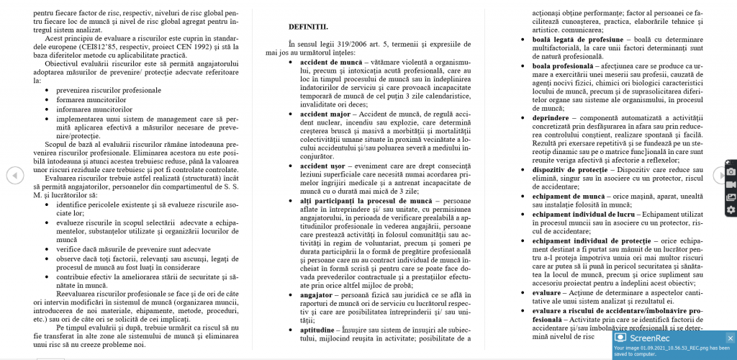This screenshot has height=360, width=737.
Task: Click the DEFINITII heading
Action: tap(308, 27)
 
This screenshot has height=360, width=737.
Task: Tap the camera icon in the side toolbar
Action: tap(731, 171)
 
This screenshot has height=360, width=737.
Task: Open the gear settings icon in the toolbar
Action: tap(731, 210)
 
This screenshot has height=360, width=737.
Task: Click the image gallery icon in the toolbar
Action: tap(731, 197)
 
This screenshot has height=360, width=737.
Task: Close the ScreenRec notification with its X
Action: tap(729, 338)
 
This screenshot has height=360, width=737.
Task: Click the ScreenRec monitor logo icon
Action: tap(620, 338)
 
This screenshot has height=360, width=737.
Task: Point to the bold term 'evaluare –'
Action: tap(551, 293)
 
